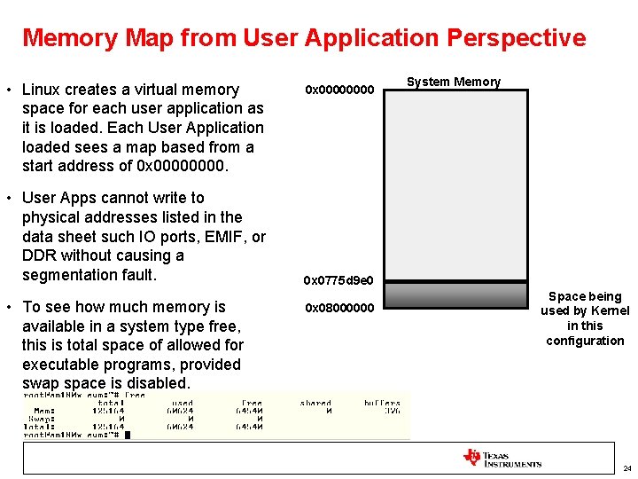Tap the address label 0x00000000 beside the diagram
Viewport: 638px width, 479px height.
(x=340, y=90)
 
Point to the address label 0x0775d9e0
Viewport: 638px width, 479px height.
(x=338, y=281)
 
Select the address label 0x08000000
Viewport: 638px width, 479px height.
(x=340, y=309)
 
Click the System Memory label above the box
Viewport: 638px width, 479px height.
(x=453, y=82)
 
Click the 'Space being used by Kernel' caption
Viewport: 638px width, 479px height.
(x=585, y=318)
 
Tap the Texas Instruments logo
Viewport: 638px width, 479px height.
(x=502, y=458)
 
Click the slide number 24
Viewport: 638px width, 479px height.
(x=626, y=468)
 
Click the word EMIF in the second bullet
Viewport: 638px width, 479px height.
(x=222, y=237)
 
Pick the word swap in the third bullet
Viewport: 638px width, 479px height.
(x=40, y=383)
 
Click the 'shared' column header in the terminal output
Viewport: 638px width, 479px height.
(x=315, y=403)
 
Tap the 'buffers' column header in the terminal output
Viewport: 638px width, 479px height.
(x=382, y=403)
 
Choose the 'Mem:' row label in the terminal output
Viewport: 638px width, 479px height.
(x=44, y=411)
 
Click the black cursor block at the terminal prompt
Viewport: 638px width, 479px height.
(x=128, y=435)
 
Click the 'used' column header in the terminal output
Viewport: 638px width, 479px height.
(x=182, y=403)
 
